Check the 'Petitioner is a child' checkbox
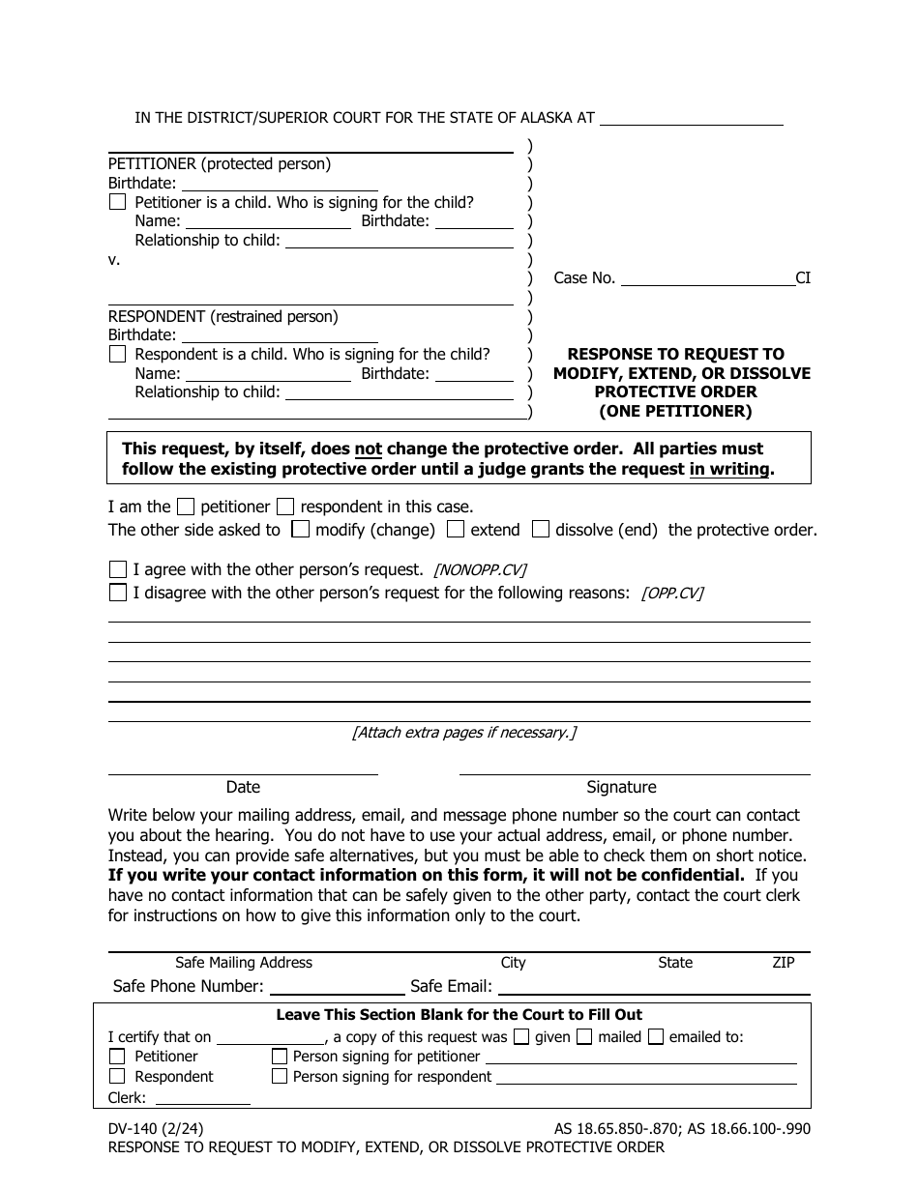pyautogui.click(x=117, y=203)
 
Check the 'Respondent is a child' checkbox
pyautogui.click(x=117, y=355)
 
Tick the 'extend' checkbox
pyautogui.click(x=456, y=530)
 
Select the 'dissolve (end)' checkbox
pyautogui.click(x=541, y=530)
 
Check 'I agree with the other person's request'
pyautogui.click(x=117, y=569)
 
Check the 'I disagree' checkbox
pyautogui.click(x=117, y=593)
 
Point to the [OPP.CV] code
pyautogui.click(x=672, y=594)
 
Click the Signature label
pyautogui.click(x=621, y=787)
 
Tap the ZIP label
pyautogui.click(x=783, y=963)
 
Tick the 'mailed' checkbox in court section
pyautogui.click(x=584, y=1037)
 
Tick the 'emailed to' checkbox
pyautogui.click(x=656, y=1037)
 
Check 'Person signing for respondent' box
pyautogui.click(x=280, y=1076)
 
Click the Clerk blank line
pyautogui.click(x=202, y=1100)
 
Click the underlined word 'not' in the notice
pyautogui.click(x=368, y=449)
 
